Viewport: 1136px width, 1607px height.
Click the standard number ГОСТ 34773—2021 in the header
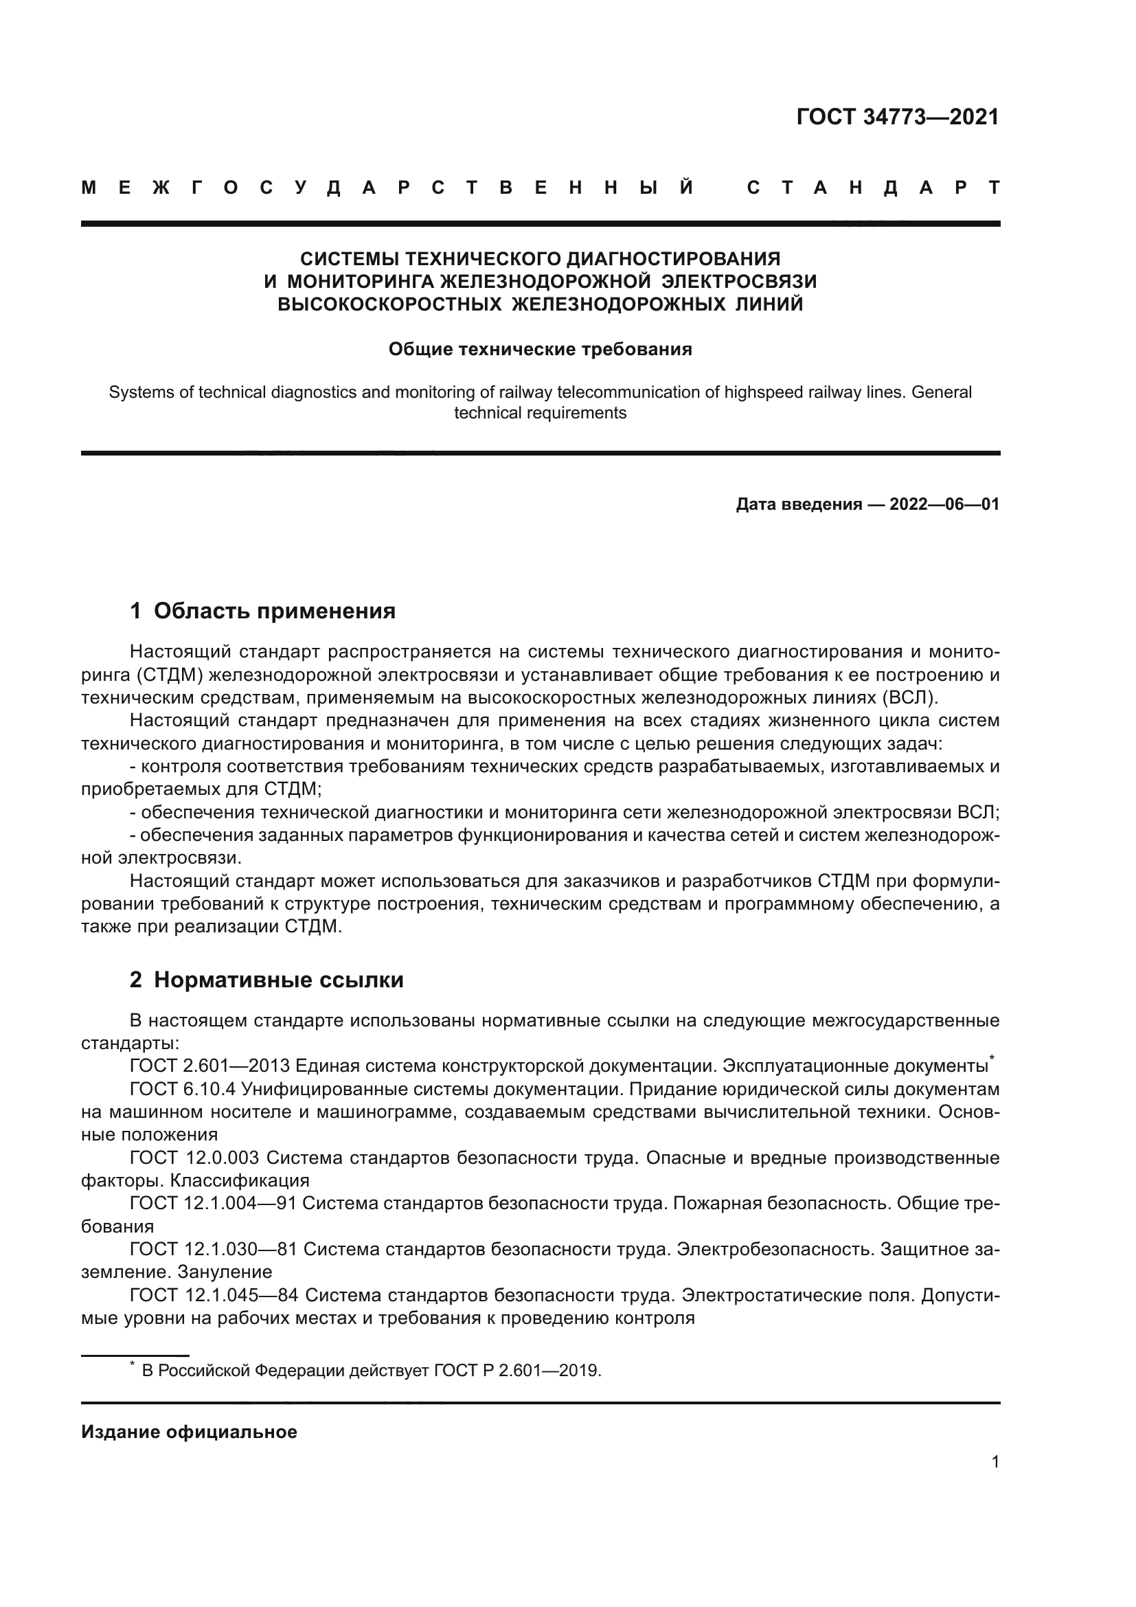898,117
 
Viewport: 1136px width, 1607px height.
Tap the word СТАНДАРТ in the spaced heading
874,188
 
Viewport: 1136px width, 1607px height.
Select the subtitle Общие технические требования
540,349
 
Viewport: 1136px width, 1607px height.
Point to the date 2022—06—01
944,504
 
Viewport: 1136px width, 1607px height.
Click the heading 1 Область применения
262,611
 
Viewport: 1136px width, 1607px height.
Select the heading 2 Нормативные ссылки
266,980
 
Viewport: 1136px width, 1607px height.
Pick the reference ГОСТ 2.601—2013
210,1066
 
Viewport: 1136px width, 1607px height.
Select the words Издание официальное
189,1432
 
